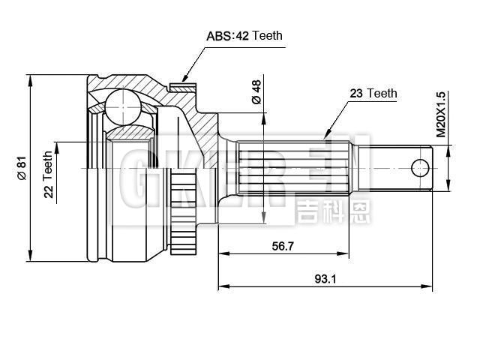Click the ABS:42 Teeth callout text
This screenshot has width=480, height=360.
tap(244, 35)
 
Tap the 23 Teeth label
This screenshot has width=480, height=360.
tap(373, 94)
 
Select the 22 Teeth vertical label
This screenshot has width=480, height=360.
tap(49, 175)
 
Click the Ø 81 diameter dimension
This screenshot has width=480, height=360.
tap(22, 167)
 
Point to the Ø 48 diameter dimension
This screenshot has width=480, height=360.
tap(255, 92)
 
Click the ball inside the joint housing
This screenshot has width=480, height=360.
tap(119, 106)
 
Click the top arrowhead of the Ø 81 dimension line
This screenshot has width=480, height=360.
tap(30, 78)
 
